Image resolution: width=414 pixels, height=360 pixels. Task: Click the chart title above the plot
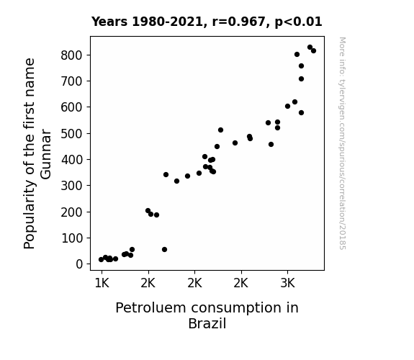point(207,22)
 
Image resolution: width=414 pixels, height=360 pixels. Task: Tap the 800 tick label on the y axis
point(72,55)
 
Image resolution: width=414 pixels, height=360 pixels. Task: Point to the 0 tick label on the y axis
point(79,264)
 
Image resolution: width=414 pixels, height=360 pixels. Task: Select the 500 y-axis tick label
point(72,134)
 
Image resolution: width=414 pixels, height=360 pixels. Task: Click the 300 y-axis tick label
point(72,186)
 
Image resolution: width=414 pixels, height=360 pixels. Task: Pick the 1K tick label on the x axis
point(102,283)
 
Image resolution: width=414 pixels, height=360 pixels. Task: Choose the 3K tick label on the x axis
point(287,283)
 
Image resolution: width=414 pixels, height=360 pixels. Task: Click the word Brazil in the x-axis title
point(207,323)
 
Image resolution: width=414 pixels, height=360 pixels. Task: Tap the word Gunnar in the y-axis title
point(46,154)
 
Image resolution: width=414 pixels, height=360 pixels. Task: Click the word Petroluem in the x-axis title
point(150,308)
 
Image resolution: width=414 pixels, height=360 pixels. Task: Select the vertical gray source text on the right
point(343,143)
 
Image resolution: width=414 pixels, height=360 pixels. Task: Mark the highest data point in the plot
point(310,48)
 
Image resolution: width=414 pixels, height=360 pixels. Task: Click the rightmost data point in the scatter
point(313,50)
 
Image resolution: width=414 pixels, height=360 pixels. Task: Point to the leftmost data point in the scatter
point(101,260)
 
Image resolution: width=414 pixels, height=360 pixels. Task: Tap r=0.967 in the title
point(239,22)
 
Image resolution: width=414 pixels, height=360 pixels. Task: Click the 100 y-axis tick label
point(72,238)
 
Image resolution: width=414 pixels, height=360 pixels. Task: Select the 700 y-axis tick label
point(72,81)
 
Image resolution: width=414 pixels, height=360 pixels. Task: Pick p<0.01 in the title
point(298,22)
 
